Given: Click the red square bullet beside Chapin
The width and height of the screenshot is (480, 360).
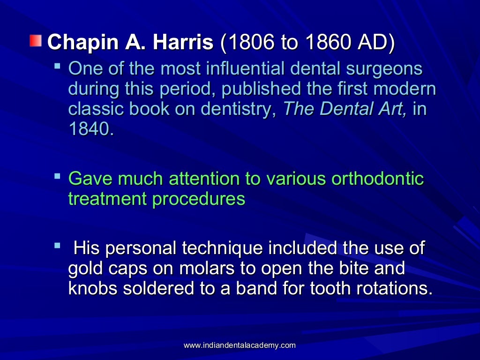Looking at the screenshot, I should tap(36, 42).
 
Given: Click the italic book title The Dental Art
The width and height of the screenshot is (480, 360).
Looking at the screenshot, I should tap(345, 109).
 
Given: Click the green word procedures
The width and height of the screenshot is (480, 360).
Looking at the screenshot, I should tap(198, 199).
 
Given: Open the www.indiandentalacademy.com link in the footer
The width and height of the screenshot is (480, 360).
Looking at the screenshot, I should tap(240, 345).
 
